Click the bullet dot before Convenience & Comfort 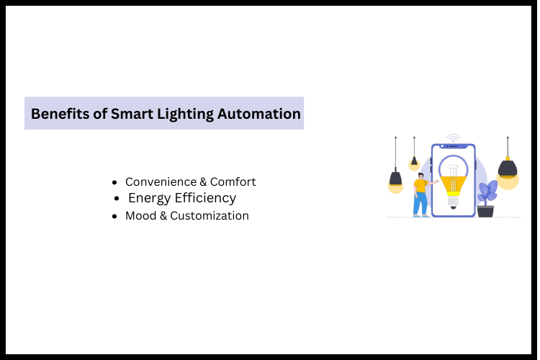115,183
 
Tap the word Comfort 233,182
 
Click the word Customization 210,216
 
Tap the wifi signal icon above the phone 453,138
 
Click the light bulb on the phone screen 453,180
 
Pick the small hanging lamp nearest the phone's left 414,161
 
